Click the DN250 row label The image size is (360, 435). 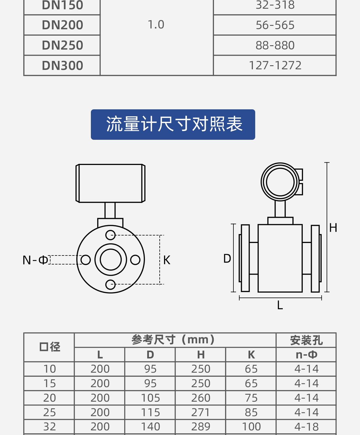pyautogui.click(x=62, y=45)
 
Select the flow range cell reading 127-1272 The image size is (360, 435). pyautogui.click(x=275, y=66)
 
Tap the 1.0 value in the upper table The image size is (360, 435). pyautogui.click(x=156, y=25)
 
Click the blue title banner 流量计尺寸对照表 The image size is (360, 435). pyautogui.click(x=173, y=124)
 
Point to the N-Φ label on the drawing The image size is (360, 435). pyautogui.click(x=35, y=260)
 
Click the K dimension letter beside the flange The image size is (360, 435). pyautogui.click(x=167, y=260)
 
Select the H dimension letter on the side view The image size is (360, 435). pyautogui.click(x=333, y=228)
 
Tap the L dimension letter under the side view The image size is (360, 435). pyautogui.click(x=280, y=305)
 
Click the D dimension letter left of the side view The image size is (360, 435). pyautogui.click(x=227, y=259)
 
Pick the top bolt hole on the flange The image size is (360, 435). pyautogui.click(x=110, y=235)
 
